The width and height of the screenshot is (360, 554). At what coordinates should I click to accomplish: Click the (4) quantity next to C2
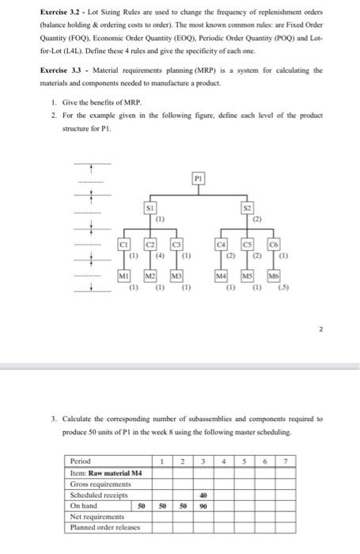(159, 255)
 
